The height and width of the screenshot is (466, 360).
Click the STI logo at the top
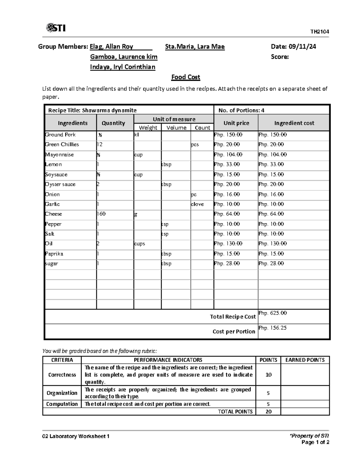coord(56,28)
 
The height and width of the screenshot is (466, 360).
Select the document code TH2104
coord(319,32)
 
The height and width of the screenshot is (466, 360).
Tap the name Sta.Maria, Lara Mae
coord(195,47)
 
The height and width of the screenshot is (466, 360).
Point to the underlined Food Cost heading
coord(185,77)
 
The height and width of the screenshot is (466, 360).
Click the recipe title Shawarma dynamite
coord(109,110)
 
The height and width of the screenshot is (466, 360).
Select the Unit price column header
coord(236,123)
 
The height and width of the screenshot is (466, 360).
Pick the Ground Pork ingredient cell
coord(60,135)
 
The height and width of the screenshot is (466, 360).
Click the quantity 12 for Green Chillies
coord(100,145)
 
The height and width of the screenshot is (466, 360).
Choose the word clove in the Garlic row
coord(197,204)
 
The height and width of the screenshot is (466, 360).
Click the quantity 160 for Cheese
coord(101,214)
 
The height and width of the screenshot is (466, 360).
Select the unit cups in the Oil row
coord(139,244)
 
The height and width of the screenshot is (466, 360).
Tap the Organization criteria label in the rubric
coord(62,393)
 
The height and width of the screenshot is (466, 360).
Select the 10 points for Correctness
coord(268,374)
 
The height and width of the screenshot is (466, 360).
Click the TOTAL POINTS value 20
coord(268,412)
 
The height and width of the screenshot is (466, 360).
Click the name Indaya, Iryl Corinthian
coord(123,67)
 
